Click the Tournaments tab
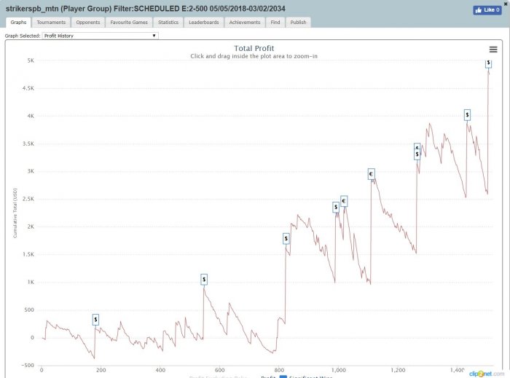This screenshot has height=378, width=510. pyautogui.click(x=51, y=23)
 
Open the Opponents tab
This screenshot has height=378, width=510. pyautogui.click(x=87, y=23)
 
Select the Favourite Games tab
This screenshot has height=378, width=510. pyautogui.click(x=129, y=23)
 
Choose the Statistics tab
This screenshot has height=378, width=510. pyautogui.click(x=168, y=23)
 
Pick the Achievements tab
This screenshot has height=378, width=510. pyautogui.click(x=244, y=23)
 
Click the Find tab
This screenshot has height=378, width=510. pyautogui.click(x=275, y=23)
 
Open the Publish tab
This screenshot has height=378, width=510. pyautogui.click(x=298, y=23)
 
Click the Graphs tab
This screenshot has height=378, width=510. pyautogui.click(x=19, y=23)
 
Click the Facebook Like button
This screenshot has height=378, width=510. pyautogui.click(x=487, y=10)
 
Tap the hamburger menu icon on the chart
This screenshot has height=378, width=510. pyautogui.click(x=493, y=50)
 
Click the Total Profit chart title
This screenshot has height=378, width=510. pyautogui.click(x=254, y=49)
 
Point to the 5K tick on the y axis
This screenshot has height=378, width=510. pyautogui.click(x=31, y=60)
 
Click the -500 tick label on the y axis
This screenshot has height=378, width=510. pyautogui.click(x=28, y=366)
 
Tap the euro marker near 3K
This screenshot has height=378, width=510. pyautogui.click(x=371, y=174)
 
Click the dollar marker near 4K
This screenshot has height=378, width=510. pyautogui.click(x=467, y=114)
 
